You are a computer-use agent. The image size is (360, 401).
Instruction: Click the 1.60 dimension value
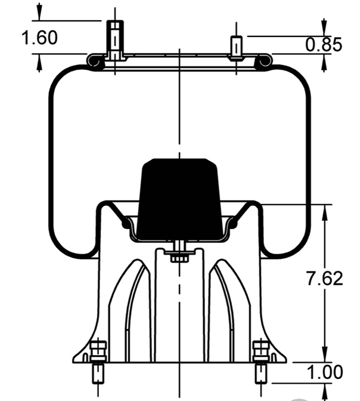(x=39, y=38)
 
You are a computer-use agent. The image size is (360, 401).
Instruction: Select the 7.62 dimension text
(x=324, y=278)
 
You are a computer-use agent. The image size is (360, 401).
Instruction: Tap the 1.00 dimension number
(x=325, y=372)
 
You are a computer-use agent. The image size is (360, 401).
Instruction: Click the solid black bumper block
(x=179, y=199)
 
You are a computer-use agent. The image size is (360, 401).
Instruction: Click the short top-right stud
(x=237, y=48)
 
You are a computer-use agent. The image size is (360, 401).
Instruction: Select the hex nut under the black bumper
(x=179, y=258)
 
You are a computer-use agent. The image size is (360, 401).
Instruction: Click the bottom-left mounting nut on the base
(x=98, y=351)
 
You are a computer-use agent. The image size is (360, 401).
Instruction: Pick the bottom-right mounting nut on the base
(x=261, y=351)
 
